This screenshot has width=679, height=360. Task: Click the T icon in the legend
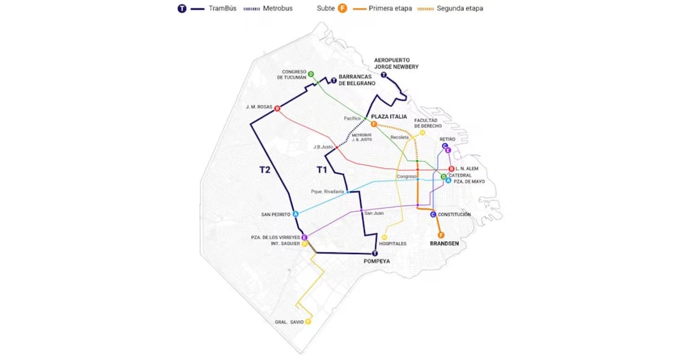tap(182, 8)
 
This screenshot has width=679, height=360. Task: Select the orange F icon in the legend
tap(342, 8)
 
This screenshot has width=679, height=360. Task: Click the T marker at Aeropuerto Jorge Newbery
tap(384, 75)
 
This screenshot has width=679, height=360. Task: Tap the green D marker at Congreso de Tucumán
tap(311, 74)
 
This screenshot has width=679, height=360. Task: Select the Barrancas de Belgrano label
tap(356, 80)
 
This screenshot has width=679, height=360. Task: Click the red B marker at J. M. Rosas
tap(277, 109)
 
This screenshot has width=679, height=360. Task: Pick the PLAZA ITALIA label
tap(389, 117)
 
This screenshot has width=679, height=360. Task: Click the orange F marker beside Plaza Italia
tap(373, 123)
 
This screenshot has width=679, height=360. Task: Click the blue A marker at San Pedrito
tap(295, 214)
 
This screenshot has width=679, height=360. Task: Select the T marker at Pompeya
tap(375, 254)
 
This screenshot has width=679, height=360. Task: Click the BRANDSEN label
tap(444, 243)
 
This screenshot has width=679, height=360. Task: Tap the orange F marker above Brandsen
tap(441, 235)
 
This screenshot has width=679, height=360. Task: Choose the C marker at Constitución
tap(433, 215)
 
